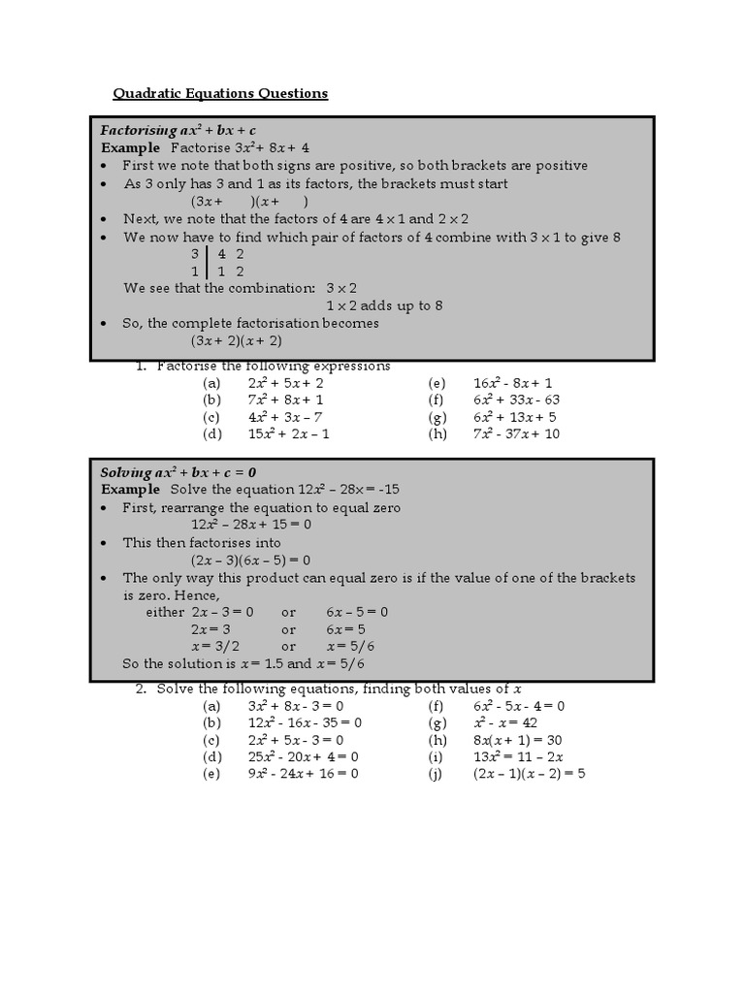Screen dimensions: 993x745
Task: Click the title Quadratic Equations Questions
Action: click(220, 93)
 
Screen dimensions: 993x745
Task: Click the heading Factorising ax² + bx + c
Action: click(178, 130)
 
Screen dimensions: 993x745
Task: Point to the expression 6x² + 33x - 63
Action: click(517, 400)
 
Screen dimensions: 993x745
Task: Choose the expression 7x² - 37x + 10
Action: click(517, 433)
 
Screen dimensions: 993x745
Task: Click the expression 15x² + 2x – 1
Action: click(289, 433)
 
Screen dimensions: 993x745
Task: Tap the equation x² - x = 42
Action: click(505, 722)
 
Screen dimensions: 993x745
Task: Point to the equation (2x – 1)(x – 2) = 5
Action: click(530, 774)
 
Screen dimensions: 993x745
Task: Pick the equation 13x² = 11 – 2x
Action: click(519, 756)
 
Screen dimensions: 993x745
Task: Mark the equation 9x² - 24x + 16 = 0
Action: click(304, 774)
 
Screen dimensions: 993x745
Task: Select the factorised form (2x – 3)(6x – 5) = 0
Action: click(250, 560)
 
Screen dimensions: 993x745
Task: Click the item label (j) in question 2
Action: click(435, 774)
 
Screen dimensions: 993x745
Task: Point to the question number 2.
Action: click(141, 689)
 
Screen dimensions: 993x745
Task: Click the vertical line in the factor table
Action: click(206, 263)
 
